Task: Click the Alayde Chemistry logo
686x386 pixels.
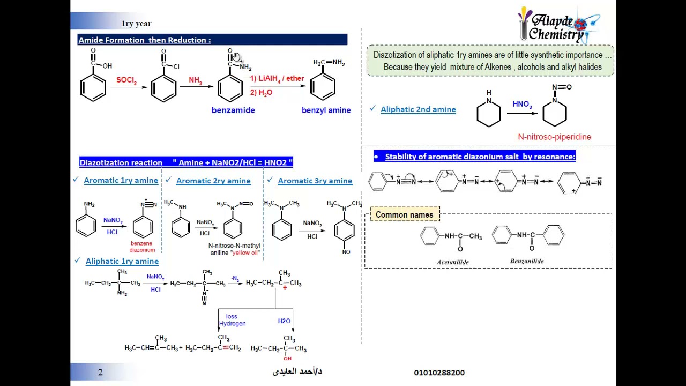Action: [x=557, y=26]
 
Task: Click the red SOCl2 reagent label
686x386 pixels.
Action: [x=126, y=80]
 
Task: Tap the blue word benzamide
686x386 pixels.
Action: [x=233, y=110]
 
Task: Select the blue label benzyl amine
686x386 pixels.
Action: [x=326, y=110]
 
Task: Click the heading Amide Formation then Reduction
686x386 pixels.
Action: [x=145, y=40]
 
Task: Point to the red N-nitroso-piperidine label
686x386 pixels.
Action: [x=554, y=137]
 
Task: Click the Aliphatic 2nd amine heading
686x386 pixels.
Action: [x=418, y=109]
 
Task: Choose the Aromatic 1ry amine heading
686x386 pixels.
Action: [x=121, y=181]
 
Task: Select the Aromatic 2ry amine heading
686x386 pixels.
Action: [x=213, y=181]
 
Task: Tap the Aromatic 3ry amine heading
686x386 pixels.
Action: [x=315, y=181]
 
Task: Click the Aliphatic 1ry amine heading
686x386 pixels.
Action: [x=122, y=261]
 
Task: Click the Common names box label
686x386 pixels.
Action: [x=404, y=215]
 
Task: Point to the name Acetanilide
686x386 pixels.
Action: [x=452, y=262]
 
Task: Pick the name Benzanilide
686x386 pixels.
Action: [x=527, y=261]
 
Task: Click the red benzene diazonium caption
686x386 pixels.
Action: [x=142, y=247]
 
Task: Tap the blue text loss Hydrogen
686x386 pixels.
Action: [x=232, y=320]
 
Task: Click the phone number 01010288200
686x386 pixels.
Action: [x=439, y=373]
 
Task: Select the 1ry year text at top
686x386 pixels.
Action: [x=136, y=24]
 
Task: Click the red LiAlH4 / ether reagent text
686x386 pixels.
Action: [x=277, y=79]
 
